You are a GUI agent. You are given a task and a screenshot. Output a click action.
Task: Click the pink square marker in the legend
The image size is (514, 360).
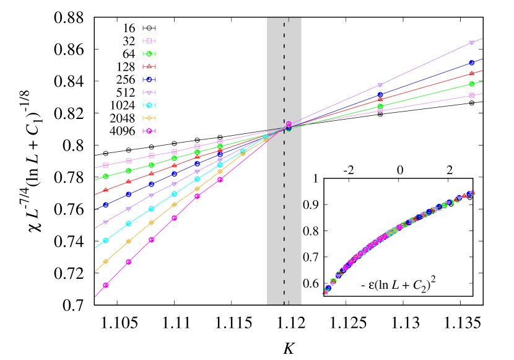(149, 41)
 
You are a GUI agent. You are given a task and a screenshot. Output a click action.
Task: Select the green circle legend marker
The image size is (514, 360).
(149, 54)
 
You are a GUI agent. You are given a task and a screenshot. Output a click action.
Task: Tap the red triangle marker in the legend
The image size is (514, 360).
(149, 66)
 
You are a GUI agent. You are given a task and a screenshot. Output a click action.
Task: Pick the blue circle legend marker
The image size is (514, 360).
(149, 79)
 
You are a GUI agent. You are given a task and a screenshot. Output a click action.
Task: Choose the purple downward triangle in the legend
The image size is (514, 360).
(149, 92)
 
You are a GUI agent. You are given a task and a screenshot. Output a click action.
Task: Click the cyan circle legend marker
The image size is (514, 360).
(149, 105)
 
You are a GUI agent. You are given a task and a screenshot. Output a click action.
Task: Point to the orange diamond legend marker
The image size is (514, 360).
(149, 118)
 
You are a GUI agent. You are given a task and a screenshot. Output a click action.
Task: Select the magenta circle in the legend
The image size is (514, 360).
(149, 131)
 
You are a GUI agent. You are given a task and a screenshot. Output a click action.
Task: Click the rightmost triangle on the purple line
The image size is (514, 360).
(471, 43)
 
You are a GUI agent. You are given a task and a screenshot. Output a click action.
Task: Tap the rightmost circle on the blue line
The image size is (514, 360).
(471, 63)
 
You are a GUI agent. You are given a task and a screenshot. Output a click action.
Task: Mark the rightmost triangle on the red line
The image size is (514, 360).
(471, 73)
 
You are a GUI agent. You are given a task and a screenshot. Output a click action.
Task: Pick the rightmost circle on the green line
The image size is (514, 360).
(471, 84)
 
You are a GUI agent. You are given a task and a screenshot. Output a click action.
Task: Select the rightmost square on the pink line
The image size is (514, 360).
(471, 95)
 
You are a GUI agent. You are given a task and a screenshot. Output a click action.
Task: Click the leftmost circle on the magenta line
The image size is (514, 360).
(105, 285)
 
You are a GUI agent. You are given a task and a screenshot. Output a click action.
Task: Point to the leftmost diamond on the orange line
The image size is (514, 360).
(105, 261)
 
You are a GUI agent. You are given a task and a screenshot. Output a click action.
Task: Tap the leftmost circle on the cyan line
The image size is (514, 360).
(105, 240)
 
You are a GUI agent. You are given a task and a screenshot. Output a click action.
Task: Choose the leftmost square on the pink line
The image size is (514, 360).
(105, 165)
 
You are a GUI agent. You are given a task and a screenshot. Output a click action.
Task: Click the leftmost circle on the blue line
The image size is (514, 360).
(105, 204)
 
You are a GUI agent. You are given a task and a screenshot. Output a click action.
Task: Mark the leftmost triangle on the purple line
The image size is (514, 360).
(105, 222)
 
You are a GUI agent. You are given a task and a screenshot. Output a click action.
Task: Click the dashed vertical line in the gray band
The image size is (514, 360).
(284, 186)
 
